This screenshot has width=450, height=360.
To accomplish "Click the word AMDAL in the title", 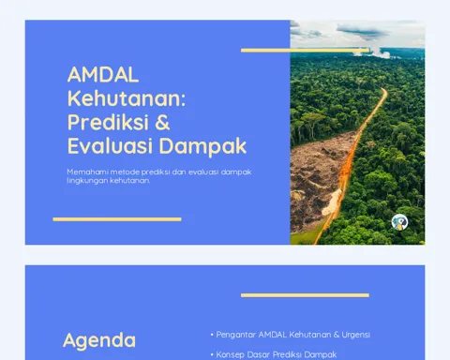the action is point(103,74).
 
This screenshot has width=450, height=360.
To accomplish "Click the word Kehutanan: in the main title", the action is point(127,98).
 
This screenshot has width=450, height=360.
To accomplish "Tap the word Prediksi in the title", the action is point(108,122).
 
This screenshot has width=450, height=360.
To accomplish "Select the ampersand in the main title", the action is point(162,122).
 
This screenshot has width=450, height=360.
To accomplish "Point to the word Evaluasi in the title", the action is point(110,145).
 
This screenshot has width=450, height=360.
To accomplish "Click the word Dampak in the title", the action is point(202,146).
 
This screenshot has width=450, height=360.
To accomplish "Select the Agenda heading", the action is point(99,340).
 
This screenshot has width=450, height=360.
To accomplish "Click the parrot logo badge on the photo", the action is point(399,222).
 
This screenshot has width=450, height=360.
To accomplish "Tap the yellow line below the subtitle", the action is point(117,219).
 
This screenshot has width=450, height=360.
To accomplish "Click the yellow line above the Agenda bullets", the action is point(305,295).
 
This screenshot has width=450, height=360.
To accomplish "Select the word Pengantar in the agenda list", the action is point(236,335).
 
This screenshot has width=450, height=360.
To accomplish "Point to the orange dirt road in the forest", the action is point(353,162).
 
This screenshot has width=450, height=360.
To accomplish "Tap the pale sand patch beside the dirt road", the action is point(332,202).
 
